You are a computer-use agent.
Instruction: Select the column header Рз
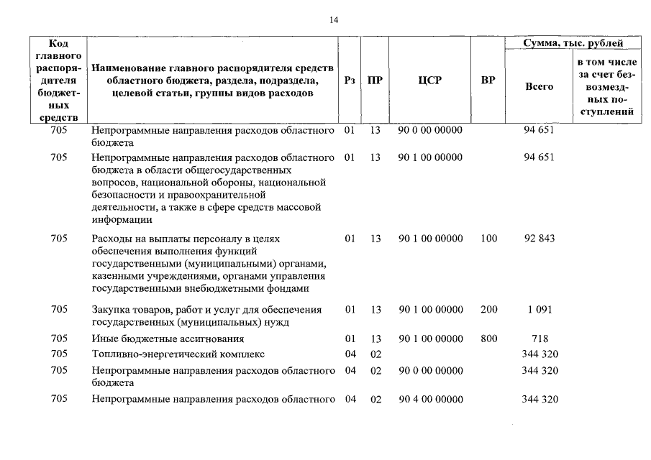(350, 80)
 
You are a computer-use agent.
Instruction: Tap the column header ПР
(375, 80)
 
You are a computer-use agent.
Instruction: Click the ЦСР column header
(429, 80)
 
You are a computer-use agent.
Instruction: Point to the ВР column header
(488, 80)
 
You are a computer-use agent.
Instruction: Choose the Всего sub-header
(539, 86)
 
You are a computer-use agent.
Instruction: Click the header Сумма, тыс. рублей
(573, 44)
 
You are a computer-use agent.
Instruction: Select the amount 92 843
(540, 239)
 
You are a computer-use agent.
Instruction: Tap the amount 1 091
(540, 310)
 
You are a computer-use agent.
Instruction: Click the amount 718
(540, 339)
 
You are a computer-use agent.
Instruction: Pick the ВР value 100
(488, 239)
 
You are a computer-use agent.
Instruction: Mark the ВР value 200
(488, 310)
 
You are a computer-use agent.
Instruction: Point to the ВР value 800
(488, 339)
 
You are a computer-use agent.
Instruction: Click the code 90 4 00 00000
(430, 400)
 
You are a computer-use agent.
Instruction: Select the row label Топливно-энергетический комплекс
(178, 354)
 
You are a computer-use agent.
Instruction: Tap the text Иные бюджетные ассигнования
(168, 339)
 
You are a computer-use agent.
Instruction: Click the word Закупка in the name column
(111, 310)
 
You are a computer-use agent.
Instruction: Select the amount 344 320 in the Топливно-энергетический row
(540, 354)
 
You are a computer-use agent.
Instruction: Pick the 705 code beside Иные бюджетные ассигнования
(60, 339)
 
